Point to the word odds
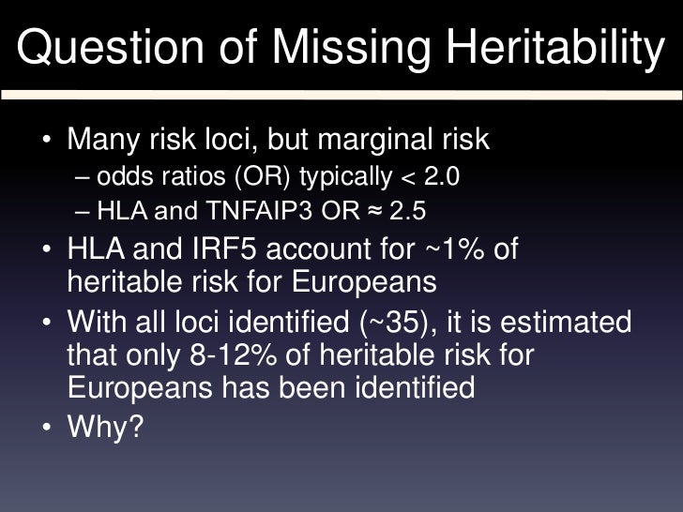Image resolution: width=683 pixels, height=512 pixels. [x=120, y=176]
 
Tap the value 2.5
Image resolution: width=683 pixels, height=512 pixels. [x=407, y=212]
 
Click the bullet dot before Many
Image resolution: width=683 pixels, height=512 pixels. [x=47, y=142]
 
